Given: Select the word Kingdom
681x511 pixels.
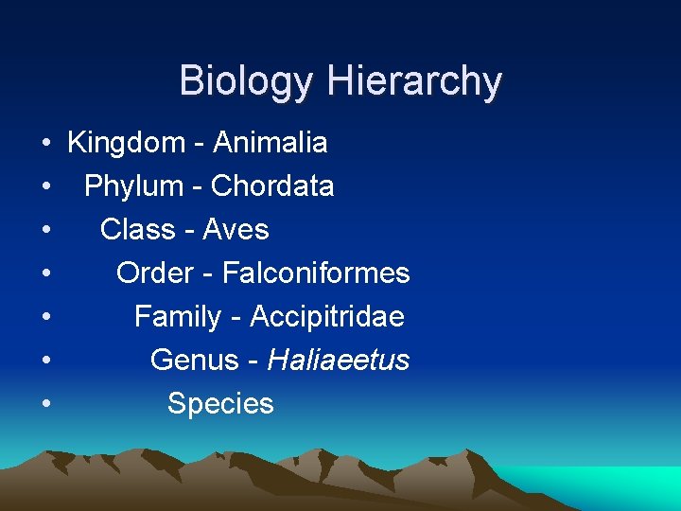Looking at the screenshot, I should [127, 144].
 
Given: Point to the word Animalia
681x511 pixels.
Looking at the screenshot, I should [271, 143].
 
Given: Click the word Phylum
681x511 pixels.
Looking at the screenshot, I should [132, 186].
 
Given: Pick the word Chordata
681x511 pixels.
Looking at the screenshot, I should [272, 186].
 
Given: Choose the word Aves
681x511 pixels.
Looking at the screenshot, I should [236, 230].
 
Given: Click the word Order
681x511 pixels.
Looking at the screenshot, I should [154, 273].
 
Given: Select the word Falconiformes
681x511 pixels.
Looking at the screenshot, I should [316, 273].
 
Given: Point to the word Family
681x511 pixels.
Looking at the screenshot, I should [178, 317].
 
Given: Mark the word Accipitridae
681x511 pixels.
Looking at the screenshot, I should [326, 317].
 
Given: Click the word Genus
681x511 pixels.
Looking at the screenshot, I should [189, 361].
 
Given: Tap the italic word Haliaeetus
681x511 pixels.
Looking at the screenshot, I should [339, 361].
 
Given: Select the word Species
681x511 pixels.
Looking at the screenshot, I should [220, 404].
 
